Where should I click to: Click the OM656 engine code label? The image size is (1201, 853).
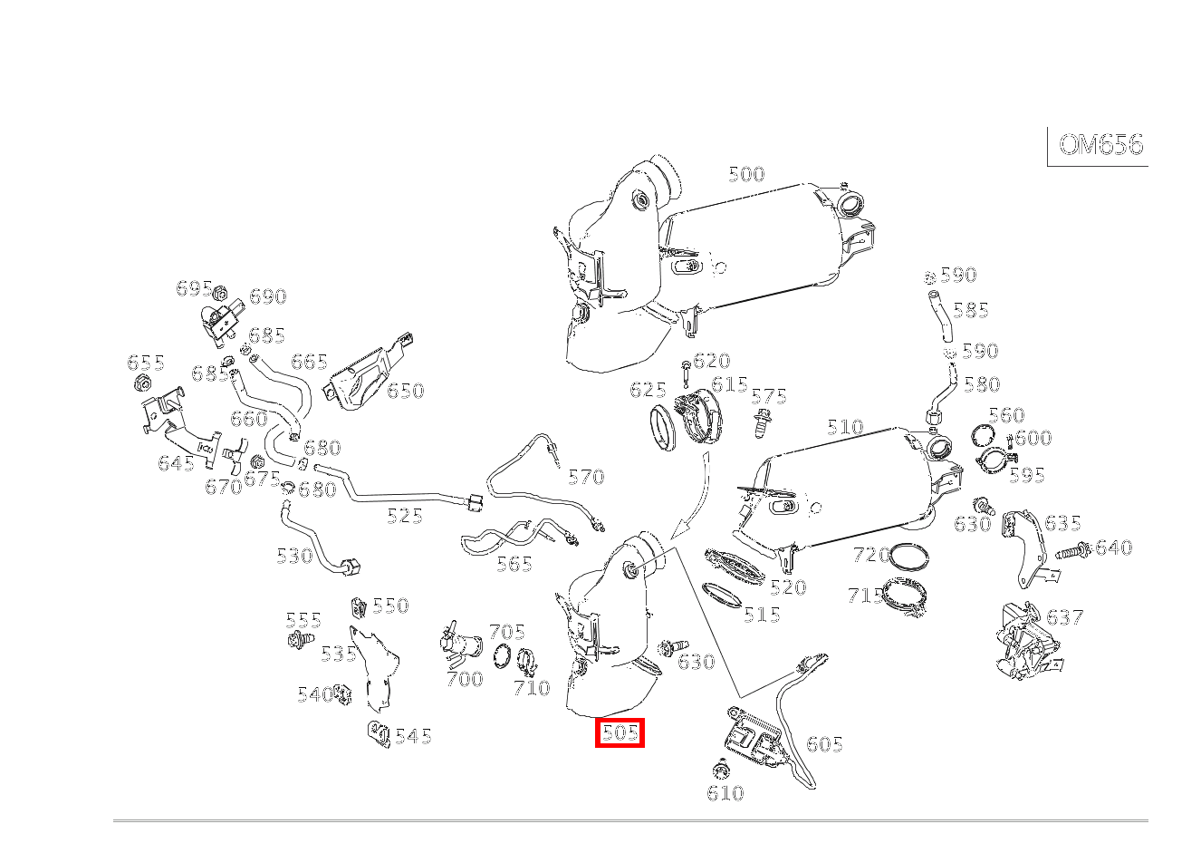point(1100,145)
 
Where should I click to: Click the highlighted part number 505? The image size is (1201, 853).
point(620,732)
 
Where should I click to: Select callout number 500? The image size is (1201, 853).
point(746,174)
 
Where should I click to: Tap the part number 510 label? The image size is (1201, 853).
point(845,427)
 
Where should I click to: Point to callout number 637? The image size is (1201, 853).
point(1065,617)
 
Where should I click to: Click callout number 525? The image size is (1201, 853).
point(405,516)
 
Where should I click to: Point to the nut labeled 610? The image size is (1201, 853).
point(722,771)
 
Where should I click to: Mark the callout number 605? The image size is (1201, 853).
point(824,744)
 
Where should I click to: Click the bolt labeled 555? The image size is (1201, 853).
point(298,641)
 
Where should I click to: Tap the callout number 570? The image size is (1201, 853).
point(585,477)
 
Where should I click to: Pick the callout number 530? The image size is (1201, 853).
point(294,556)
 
